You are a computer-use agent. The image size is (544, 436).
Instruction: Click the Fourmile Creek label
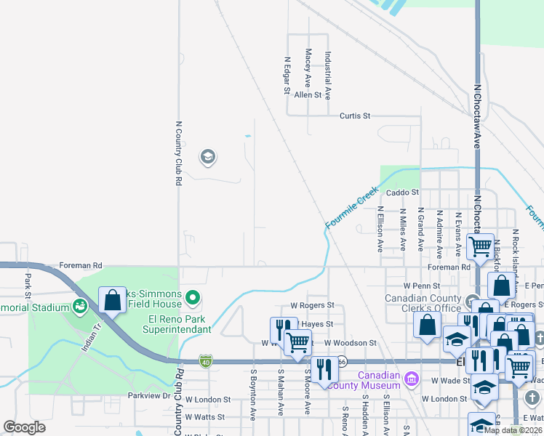coord(353,209)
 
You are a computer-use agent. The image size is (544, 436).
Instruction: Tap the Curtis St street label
coord(356,116)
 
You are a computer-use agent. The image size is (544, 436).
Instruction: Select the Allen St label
coord(308,95)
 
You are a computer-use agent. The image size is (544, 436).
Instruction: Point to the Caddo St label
coord(403,193)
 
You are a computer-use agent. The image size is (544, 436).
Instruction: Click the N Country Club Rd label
coord(178,153)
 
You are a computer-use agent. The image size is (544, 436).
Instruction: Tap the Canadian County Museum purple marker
coord(412,377)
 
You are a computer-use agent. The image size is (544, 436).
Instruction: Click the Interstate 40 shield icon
coord(207,360)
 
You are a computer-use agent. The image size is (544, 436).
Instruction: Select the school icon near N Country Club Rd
coord(207,157)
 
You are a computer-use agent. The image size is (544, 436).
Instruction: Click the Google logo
coord(25,427)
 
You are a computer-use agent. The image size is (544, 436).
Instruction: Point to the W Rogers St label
coord(311,306)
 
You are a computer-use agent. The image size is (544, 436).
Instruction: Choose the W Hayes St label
coord(317,324)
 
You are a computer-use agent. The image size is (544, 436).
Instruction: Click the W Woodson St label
coord(351,342)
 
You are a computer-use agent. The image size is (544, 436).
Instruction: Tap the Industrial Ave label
coord(328,76)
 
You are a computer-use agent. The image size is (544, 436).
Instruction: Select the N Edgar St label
coord(287,76)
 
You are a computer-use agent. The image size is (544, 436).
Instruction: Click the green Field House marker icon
coord(193,297)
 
